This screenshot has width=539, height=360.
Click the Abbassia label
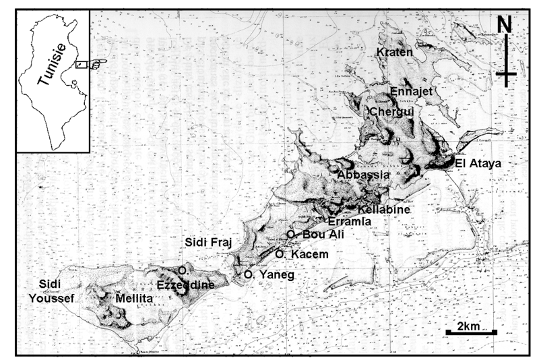[x=363, y=175]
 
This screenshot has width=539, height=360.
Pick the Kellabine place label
[x=387, y=210]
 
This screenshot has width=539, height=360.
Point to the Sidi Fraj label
[x=205, y=241]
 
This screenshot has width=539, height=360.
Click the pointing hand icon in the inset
[x=97, y=64]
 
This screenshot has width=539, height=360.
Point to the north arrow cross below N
[x=506, y=72]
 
